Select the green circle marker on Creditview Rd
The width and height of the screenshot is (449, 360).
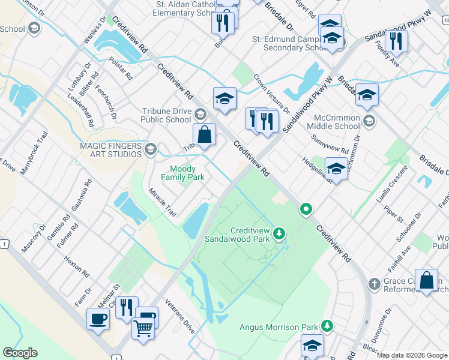(x=306, y=209)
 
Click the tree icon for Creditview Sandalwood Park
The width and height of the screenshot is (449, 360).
(x=279, y=233)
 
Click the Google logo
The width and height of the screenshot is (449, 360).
(x=20, y=353)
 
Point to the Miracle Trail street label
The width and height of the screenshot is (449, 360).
(x=163, y=202)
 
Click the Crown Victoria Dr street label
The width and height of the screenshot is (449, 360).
(x=271, y=94)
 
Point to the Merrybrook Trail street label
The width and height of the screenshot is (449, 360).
(x=33, y=154)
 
